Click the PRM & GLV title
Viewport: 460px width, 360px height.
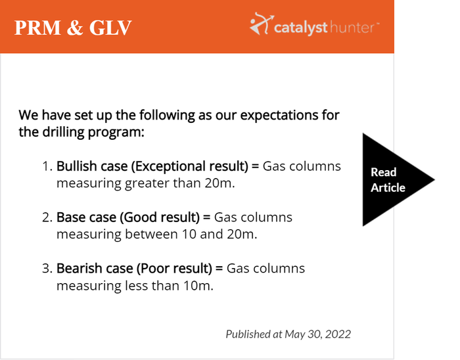[73, 28]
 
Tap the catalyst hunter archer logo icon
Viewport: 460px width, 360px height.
[262, 24]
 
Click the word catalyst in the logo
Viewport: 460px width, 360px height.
[301, 28]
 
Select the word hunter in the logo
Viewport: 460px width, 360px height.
[352, 28]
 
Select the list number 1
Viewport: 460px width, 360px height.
[47, 166]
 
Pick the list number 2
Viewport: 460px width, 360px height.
[47, 217]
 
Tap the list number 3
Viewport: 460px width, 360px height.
[47, 268]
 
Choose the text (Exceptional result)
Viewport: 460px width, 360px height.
[190, 166]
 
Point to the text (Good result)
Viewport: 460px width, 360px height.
[160, 217]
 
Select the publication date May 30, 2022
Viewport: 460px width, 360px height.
[317, 334]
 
